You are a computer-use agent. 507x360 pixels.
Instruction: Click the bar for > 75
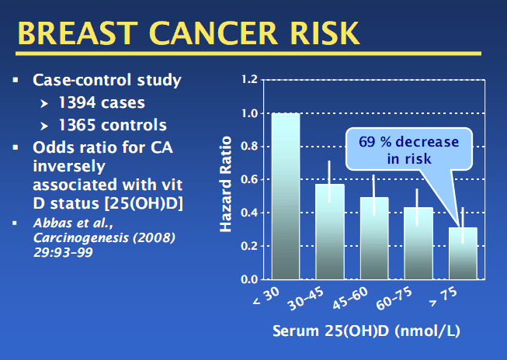coord(464,253)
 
